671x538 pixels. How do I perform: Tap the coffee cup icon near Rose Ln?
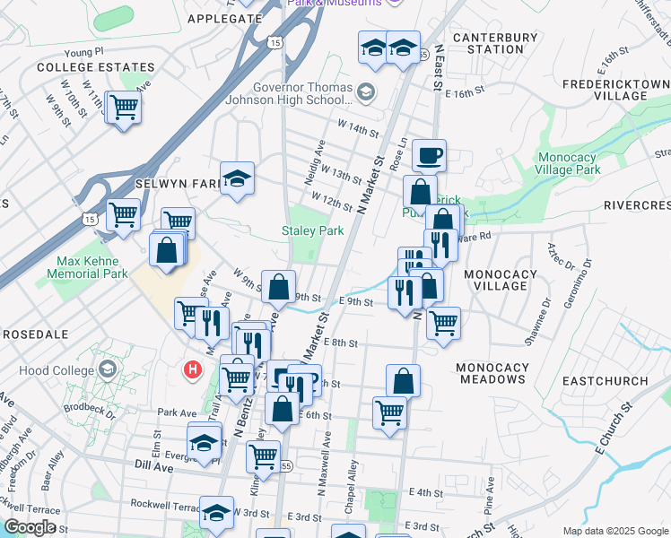[430, 154]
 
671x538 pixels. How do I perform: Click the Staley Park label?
[313, 230]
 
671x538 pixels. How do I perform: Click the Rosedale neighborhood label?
[36, 334]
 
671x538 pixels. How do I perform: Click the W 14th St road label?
[358, 130]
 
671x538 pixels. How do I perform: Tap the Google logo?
[30, 528]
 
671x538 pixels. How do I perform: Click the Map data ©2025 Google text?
[615, 531]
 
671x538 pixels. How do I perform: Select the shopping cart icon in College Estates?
[123, 108]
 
